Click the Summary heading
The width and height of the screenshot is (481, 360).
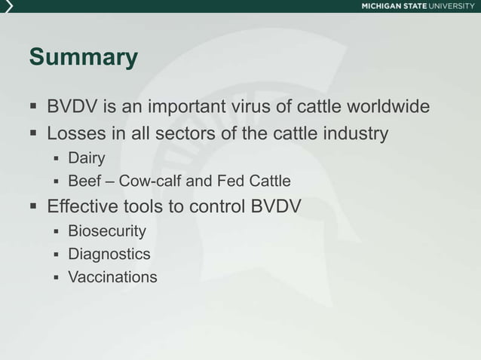pyautogui.click(x=83, y=57)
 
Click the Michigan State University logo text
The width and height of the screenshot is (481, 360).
pyautogui.click(x=418, y=6)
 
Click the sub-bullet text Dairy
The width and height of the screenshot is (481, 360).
pyautogui.click(x=86, y=158)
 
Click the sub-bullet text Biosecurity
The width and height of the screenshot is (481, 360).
pyautogui.click(x=107, y=230)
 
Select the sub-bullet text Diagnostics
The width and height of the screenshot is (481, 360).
pyautogui.click(x=109, y=254)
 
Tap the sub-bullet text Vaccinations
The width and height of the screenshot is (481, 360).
pyautogui.click(x=113, y=277)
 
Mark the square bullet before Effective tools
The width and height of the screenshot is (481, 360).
pyautogui.click(x=33, y=206)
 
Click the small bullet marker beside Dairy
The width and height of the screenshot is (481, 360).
pyautogui.click(x=56, y=158)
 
